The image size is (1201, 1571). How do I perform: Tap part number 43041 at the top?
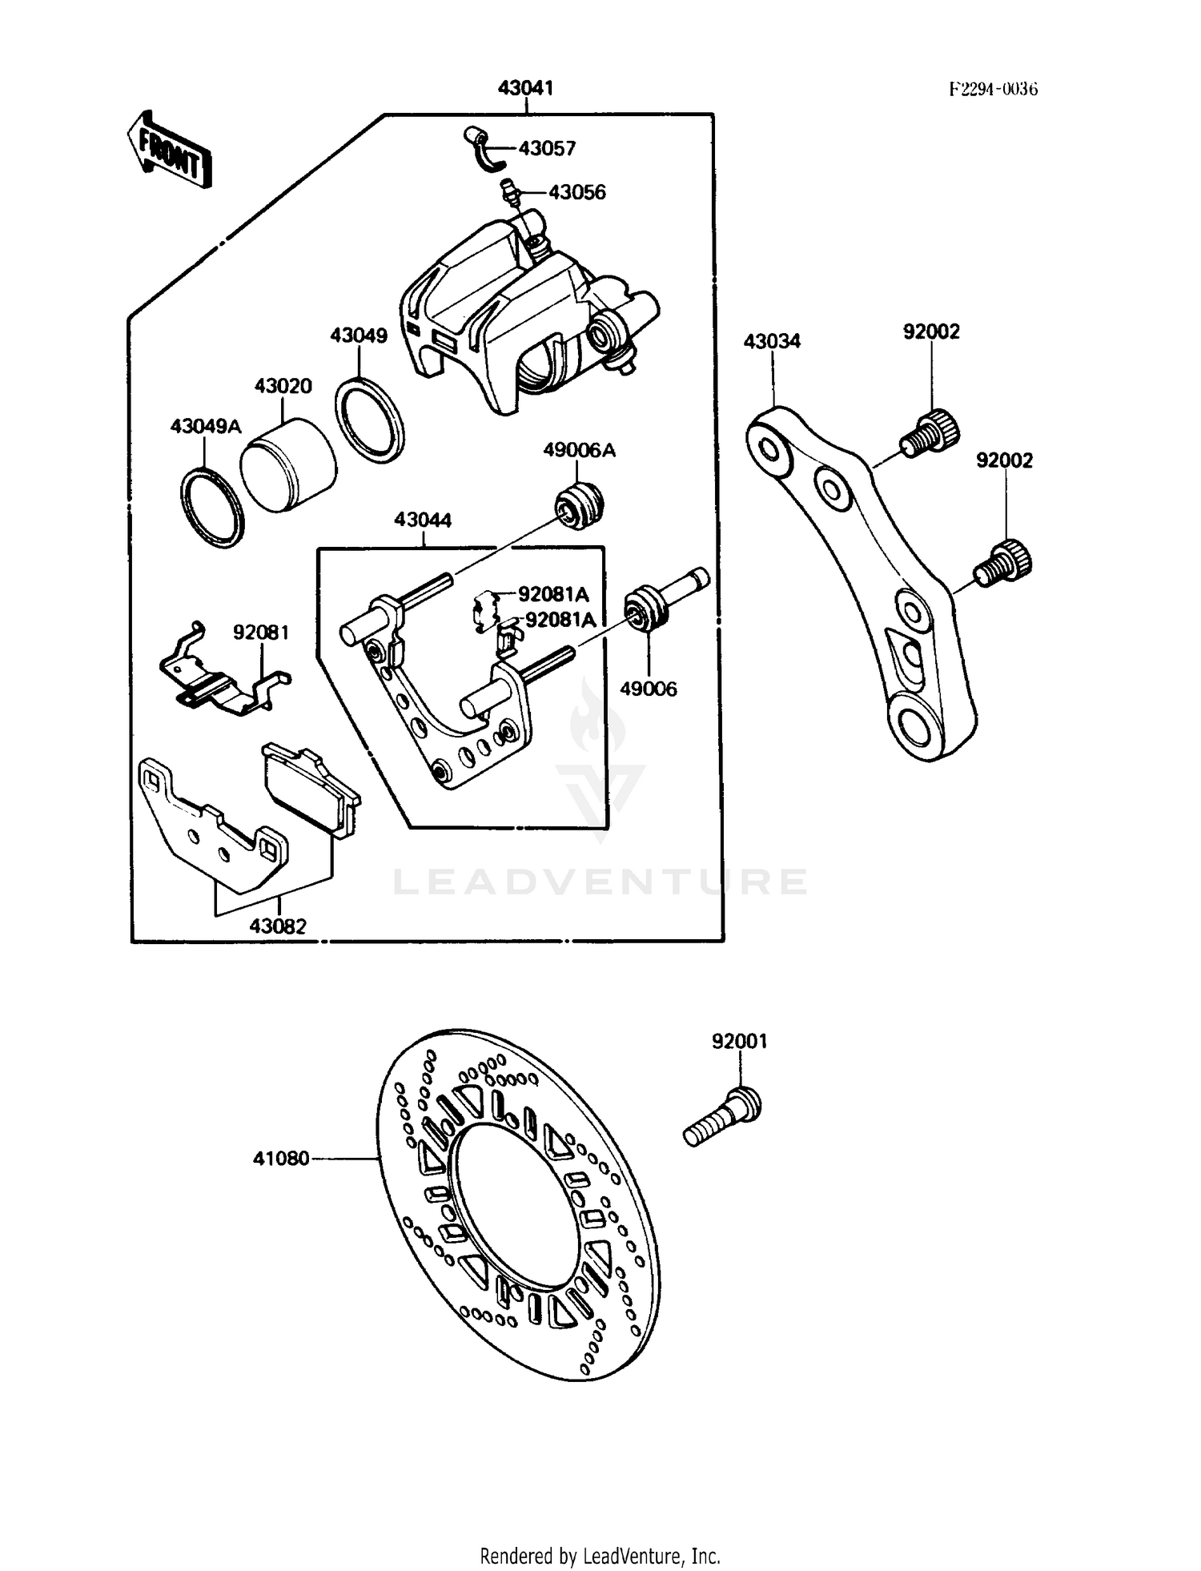pos(525,88)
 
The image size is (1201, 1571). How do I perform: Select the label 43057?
pos(547,148)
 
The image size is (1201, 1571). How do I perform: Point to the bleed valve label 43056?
pos(576,192)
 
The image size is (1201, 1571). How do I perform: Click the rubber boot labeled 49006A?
pos(579,505)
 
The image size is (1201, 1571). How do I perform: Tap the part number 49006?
pos(649,689)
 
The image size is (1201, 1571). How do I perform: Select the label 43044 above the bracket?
pos(423,520)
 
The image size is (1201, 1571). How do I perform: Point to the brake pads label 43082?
pos(278,926)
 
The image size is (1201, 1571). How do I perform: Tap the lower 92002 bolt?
pos(1003,560)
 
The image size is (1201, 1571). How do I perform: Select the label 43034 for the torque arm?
pos(772,341)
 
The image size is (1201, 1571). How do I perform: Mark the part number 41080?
pos(280,1158)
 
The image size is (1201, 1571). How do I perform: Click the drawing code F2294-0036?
pos(993,89)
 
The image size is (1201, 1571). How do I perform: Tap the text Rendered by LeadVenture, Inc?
pos(600,1556)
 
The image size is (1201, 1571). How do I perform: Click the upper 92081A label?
pos(552,594)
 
